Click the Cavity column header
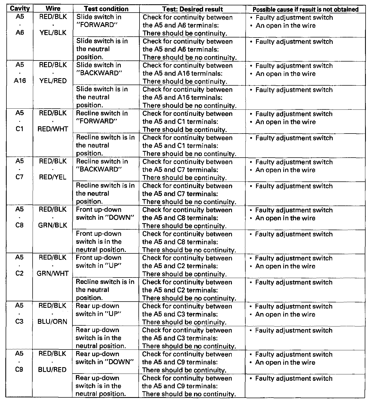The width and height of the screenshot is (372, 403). point(20,9)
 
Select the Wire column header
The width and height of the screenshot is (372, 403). point(53,9)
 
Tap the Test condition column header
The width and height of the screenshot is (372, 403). point(106,9)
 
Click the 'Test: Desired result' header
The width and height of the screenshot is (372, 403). point(192,9)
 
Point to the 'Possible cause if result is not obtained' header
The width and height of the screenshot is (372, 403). point(305,9)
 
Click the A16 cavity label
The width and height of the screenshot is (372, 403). point(20,81)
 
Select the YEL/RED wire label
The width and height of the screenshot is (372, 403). point(53,81)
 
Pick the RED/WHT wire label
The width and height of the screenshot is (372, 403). point(53,129)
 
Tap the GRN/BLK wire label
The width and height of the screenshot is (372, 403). point(53,225)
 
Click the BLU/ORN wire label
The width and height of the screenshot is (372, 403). point(53,321)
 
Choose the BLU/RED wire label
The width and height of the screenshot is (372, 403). point(53,370)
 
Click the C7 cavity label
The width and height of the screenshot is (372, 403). point(20,177)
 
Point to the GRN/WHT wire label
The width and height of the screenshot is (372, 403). point(53,273)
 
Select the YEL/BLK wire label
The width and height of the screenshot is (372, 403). point(53,33)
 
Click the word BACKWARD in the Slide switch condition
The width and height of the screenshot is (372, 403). point(99,73)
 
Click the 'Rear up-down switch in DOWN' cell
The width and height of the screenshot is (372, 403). point(104,358)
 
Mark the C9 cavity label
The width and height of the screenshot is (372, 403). point(19,370)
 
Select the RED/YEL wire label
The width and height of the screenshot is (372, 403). point(53,177)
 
